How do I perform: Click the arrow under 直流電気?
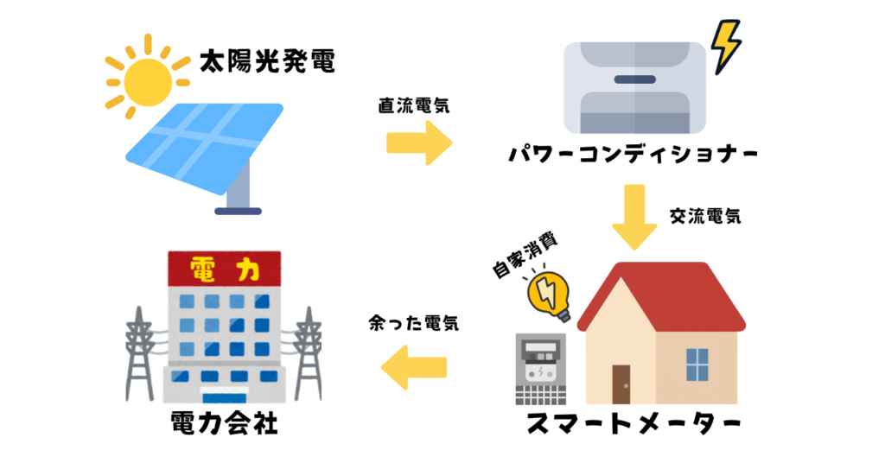tap(418, 142)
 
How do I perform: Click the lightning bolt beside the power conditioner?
tap(725, 46)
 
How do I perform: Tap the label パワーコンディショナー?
tap(634, 156)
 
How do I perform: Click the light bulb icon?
tap(551, 294)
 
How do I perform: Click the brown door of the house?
tap(621, 384)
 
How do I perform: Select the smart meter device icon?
tap(538, 369)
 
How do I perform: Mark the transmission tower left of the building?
tap(140, 354)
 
